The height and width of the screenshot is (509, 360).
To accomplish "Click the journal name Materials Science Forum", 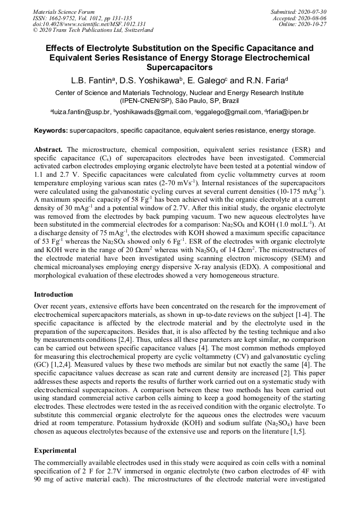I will (64, 12).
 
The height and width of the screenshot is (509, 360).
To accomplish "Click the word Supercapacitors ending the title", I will (179, 68).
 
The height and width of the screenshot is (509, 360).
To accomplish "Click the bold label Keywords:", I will (51, 130).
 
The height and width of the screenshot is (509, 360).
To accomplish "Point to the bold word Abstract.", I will (48, 150).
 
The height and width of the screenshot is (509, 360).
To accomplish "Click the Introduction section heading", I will (54, 294).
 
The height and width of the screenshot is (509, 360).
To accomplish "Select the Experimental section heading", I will (55, 451).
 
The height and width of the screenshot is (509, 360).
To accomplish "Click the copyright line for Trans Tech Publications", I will (93, 30).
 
